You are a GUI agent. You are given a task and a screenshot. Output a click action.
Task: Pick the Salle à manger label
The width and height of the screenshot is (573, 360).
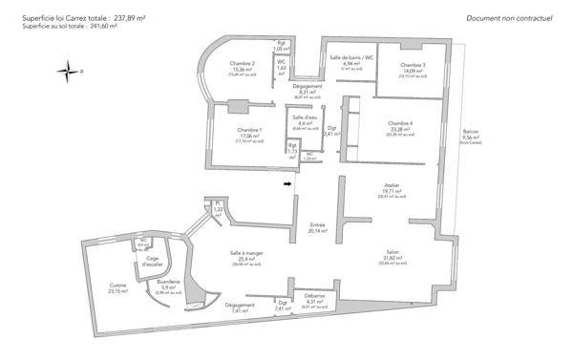pyautogui.click(x=241, y=253)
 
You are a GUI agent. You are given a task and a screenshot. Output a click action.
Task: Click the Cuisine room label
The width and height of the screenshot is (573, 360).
pyautogui.click(x=117, y=286)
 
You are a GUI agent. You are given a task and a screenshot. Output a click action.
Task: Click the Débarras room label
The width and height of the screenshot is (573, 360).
pyautogui.click(x=315, y=296)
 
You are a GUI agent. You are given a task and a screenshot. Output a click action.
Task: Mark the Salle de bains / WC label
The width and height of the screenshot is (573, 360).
pyautogui.click(x=350, y=58)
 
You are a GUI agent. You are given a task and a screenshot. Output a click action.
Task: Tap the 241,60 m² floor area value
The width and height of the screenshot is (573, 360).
pyautogui.click(x=100, y=26)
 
